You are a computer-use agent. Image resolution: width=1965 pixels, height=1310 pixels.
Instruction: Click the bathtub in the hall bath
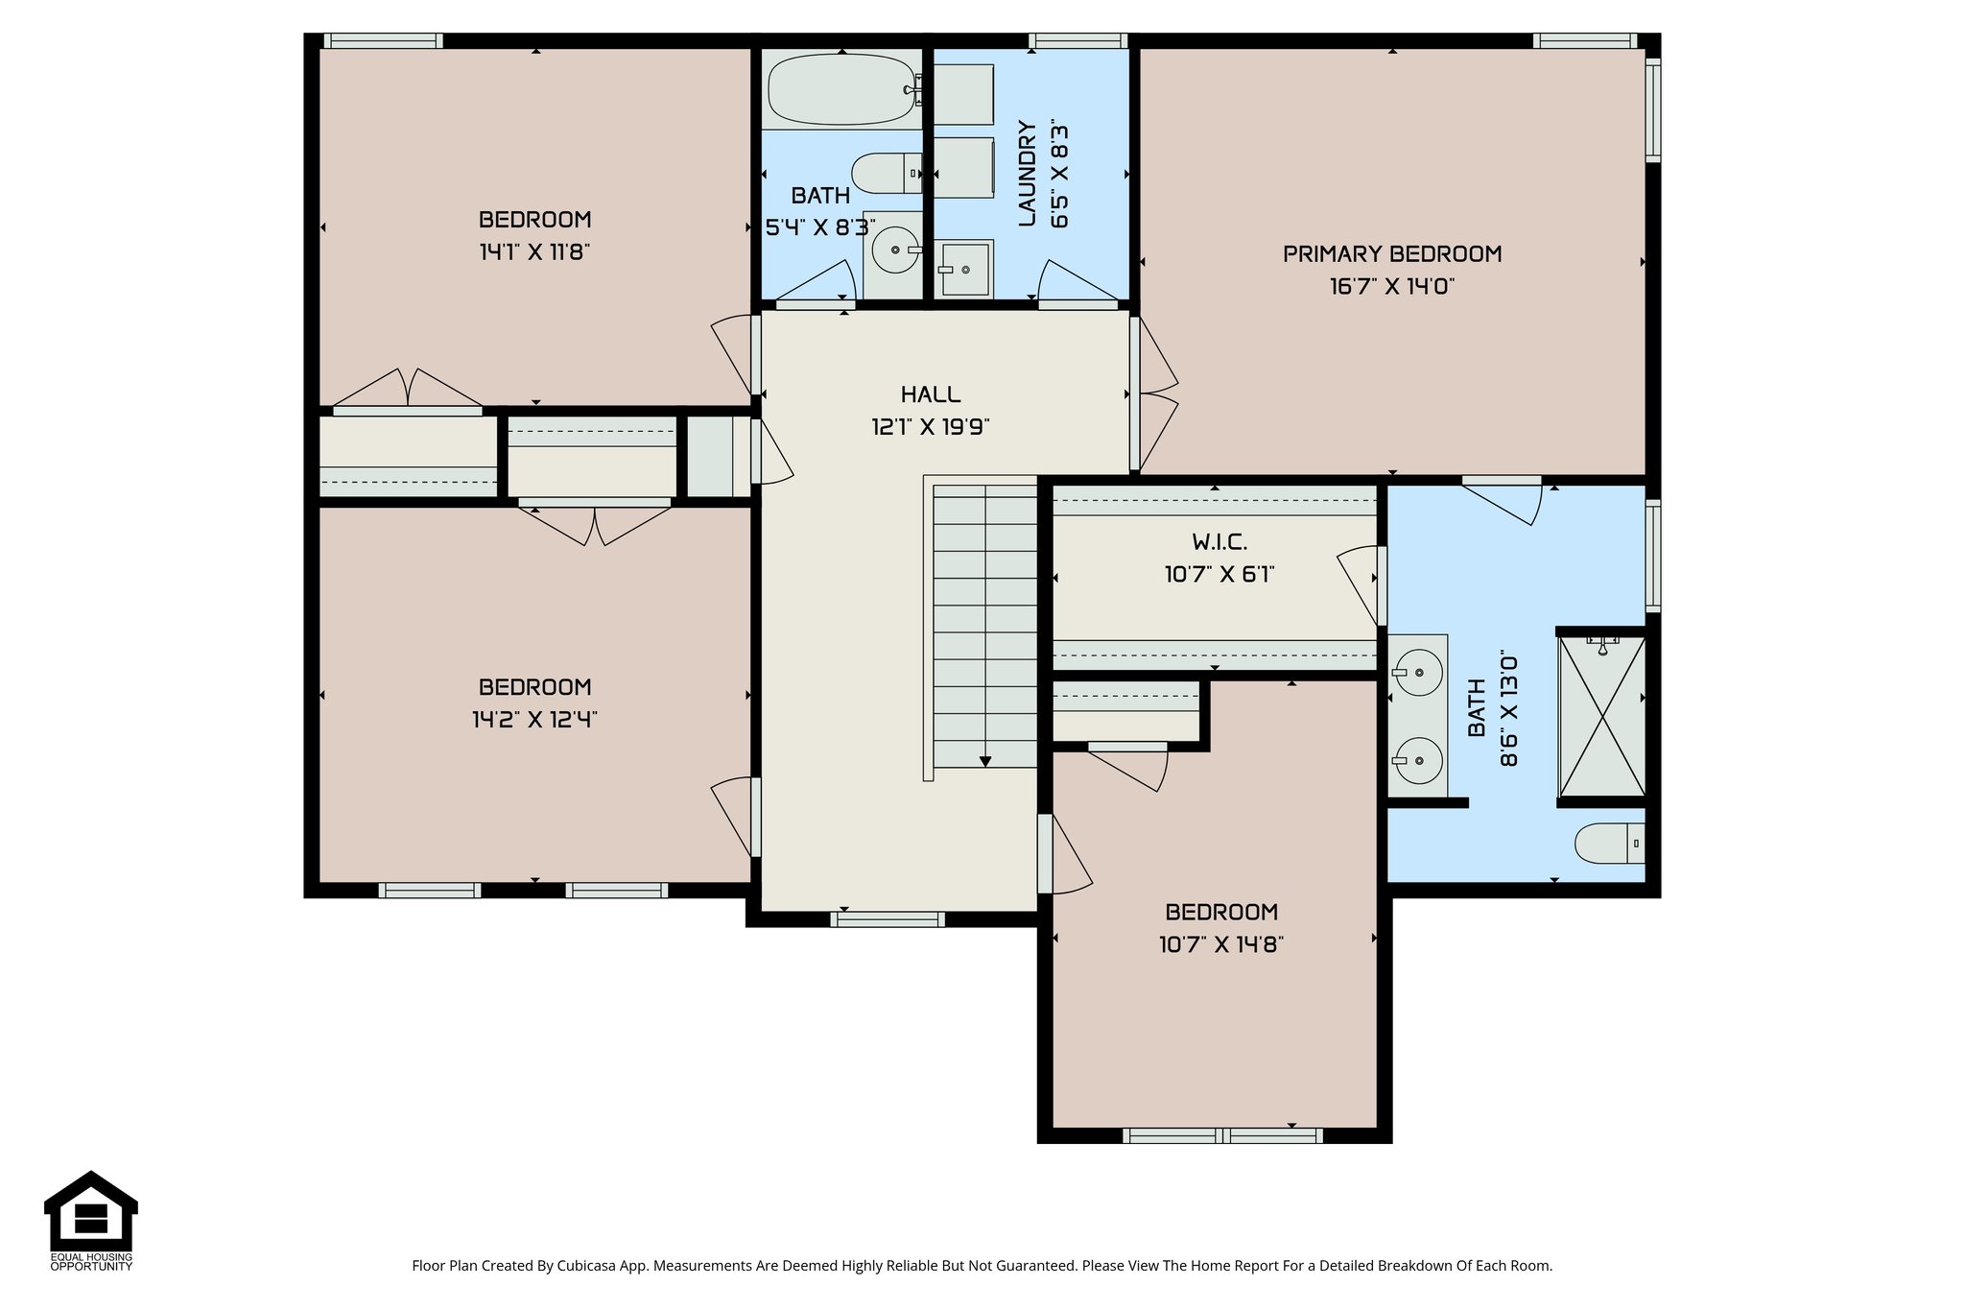tap(840, 90)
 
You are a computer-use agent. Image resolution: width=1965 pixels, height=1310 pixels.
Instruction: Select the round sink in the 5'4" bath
tap(895, 250)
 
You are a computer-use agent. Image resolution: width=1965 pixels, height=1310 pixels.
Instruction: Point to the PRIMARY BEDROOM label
tap(1391, 254)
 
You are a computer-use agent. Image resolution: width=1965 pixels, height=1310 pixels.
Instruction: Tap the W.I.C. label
tap(1219, 542)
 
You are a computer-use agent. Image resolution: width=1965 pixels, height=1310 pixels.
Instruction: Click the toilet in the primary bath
tap(1608, 845)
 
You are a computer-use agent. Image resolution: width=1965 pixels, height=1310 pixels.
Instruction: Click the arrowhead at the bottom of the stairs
tap(985, 761)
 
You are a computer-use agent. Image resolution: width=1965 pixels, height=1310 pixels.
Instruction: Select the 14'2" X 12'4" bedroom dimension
tap(534, 720)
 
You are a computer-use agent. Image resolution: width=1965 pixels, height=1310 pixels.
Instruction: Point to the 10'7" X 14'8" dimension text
tap(1220, 944)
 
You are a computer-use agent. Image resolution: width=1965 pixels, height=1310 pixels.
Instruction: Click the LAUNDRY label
tap(1027, 174)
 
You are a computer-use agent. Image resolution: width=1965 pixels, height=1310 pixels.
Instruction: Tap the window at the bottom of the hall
tap(887, 919)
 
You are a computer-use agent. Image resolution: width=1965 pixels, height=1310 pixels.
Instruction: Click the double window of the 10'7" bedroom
tap(1221, 1136)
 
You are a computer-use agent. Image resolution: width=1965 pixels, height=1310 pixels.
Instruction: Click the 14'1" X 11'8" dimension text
tap(534, 252)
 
